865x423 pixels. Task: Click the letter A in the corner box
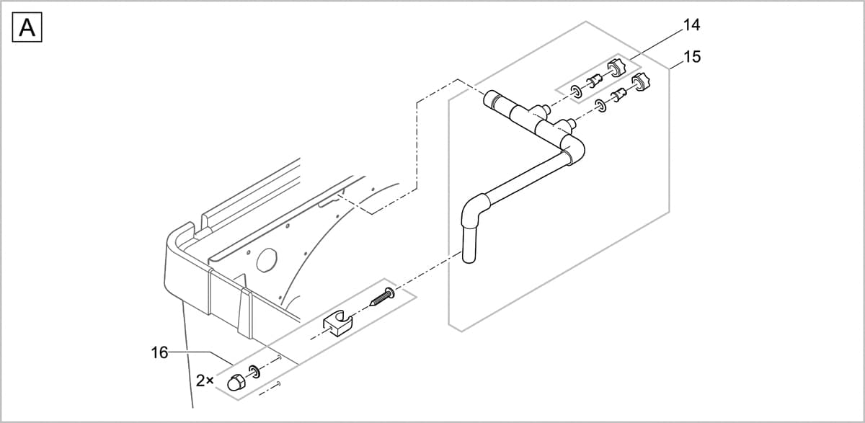click(x=27, y=28)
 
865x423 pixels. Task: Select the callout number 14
click(x=691, y=25)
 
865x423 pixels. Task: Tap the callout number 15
click(x=691, y=56)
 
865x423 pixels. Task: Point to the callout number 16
click(x=160, y=352)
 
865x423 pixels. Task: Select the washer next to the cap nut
click(x=254, y=372)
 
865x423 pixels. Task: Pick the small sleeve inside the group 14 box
click(x=595, y=81)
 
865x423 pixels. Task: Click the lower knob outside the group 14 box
click(x=639, y=83)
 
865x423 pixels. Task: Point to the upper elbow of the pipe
click(x=574, y=149)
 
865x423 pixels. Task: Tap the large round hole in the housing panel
click(x=266, y=260)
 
